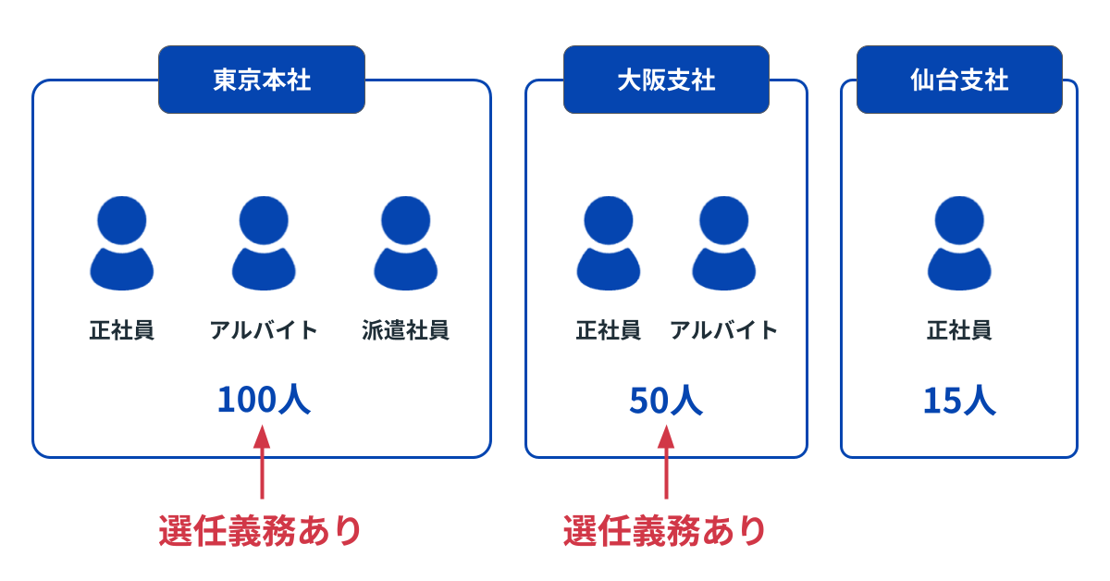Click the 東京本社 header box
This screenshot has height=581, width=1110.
(262, 80)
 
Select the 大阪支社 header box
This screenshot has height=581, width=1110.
(666, 80)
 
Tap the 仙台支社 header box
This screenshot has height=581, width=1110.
(959, 80)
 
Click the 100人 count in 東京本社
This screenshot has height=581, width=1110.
(263, 400)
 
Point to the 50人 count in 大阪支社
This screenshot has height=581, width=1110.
(666, 400)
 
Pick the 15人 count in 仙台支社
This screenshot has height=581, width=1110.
(959, 400)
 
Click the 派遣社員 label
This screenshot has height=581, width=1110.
(405, 330)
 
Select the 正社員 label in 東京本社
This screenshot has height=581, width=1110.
(121, 330)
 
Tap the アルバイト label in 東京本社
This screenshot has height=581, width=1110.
(264, 330)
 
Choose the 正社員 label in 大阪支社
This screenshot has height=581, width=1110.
(608, 330)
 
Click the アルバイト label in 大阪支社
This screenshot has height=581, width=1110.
(723, 330)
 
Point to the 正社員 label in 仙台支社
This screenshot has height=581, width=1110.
(959, 330)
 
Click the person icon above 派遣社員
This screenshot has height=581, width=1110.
(405, 242)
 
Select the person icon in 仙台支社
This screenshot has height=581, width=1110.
(959, 242)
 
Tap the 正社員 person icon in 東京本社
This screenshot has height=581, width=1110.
(121, 242)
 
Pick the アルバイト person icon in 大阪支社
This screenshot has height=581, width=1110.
(723, 242)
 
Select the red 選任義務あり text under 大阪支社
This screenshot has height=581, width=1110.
(664, 531)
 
